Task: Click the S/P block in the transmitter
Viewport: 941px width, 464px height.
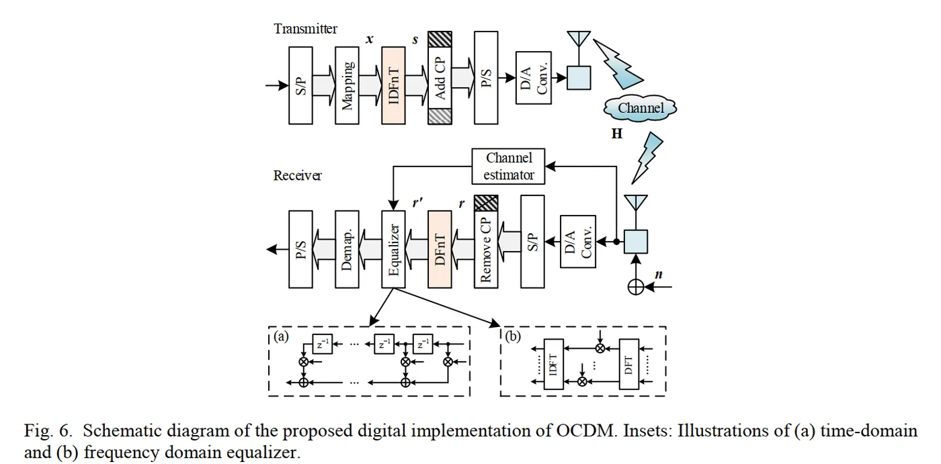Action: (300, 85)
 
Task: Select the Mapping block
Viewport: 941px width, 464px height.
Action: (347, 85)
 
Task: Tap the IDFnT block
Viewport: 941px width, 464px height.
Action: (393, 85)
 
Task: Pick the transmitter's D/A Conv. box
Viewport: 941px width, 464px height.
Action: (533, 77)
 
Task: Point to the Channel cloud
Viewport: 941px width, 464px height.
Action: (641, 107)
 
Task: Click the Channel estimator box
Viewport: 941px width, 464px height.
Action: (509, 167)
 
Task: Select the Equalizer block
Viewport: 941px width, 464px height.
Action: (393, 250)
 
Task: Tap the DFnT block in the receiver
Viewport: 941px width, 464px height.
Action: (440, 250)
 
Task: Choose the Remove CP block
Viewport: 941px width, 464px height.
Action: (486, 250)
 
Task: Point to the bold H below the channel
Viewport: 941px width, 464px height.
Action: (616, 134)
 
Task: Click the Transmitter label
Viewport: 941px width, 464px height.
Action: (305, 29)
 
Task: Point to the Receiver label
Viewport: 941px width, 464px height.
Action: (297, 176)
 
